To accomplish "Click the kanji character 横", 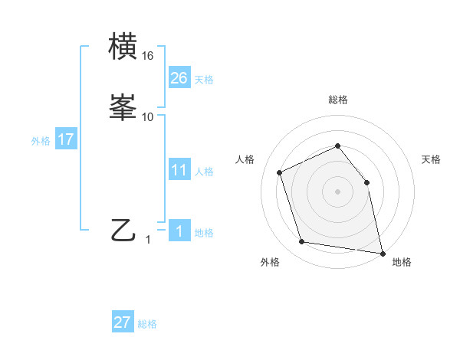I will [x=123, y=47].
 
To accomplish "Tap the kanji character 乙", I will [x=123, y=230].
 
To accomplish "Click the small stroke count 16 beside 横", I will [x=148, y=56].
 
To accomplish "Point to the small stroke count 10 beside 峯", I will [x=148, y=117].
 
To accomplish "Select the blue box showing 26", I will [x=179, y=78].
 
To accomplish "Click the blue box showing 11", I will [x=179, y=170].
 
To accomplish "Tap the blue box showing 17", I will [x=66, y=139].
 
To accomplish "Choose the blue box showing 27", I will [x=123, y=322].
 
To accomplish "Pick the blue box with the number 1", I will [x=179, y=231].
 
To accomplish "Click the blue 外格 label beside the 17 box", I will [x=41, y=141].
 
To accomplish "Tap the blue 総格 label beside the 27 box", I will [x=147, y=324].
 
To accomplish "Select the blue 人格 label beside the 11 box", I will [x=205, y=172].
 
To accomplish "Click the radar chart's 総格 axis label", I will [x=338, y=100].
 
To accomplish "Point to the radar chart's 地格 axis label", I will [x=402, y=262].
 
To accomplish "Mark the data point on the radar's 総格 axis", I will [x=338, y=146].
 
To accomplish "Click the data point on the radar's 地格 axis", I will [x=382, y=252].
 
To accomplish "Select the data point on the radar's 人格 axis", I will [x=280, y=172].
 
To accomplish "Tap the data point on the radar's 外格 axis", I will [x=302, y=242].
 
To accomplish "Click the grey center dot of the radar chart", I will [x=338, y=191].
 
